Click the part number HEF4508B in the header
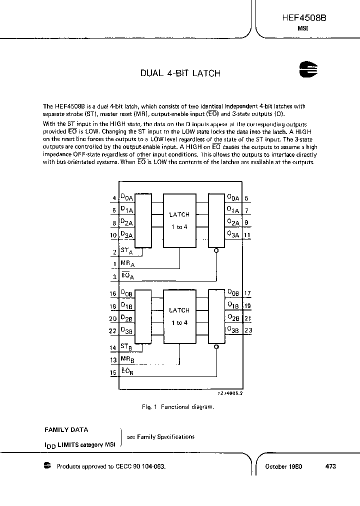304,17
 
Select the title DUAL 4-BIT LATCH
180,73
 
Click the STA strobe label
126,251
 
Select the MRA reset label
127,263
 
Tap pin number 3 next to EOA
114,276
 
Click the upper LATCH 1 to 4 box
179,219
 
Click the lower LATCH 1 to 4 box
179,316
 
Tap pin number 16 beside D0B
113,294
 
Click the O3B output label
233,330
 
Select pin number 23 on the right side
248,330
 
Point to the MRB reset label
127,359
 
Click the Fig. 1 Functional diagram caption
178,407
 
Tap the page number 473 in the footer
330,466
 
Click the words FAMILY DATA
66,429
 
